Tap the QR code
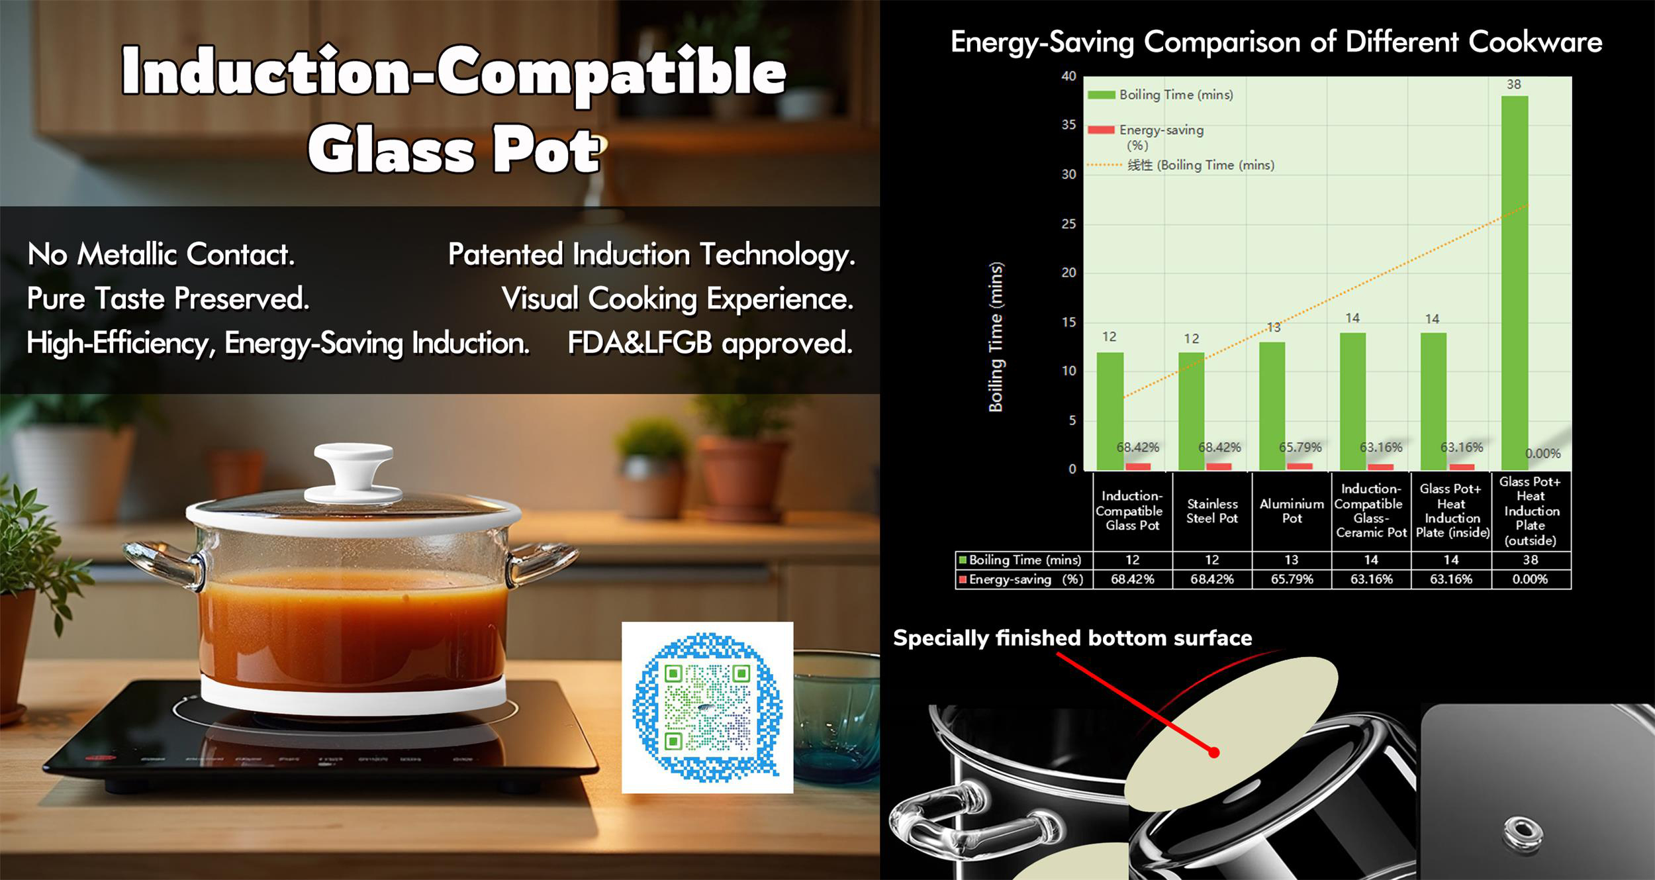[707, 707]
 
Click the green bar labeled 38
[1514, 283]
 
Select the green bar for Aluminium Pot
[1271, 406]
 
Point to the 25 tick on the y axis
[1068, 224]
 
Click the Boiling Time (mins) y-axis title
[996, 337]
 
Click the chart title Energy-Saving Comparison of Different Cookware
[1276, 42]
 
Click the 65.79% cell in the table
[1292, 579]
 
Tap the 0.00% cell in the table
[1531, 579]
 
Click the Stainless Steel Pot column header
[1212, 511]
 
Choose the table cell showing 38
[1531, 560]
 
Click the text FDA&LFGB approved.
[710, 343]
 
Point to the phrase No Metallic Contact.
[161, 254]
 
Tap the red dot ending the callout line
[1214, 752]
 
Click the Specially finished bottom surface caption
[1072, 638]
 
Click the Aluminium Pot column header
[1292, 511]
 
